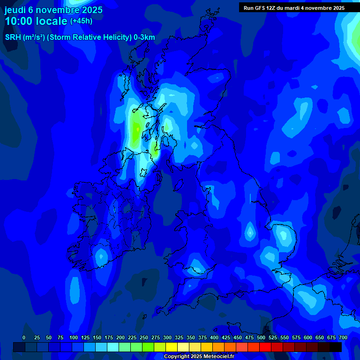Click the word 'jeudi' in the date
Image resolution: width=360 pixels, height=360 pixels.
tap(15, 10)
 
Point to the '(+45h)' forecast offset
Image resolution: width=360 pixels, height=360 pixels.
tap(81, 21)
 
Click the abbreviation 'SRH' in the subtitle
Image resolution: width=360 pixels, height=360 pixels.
tap(13, 37)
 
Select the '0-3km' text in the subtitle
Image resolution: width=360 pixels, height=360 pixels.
tap(144, 37)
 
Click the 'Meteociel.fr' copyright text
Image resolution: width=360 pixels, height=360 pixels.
tap(216, 357)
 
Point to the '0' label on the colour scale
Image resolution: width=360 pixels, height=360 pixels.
tap(24, 337)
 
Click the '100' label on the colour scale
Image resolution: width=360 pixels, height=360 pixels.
tap(74, 337)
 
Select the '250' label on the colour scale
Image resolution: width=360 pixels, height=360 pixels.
tap(144, 337)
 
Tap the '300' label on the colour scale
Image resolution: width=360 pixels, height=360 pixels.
tap(167, 337)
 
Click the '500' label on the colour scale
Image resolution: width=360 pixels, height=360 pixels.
tap(261, 337)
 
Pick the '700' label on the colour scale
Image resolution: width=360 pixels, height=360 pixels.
tap(343, 337)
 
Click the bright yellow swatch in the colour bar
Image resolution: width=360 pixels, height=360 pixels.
tap(172, 347)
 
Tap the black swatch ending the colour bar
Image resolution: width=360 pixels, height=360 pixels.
tap(335, 347)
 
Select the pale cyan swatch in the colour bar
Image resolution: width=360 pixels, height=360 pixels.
tap(113, 347)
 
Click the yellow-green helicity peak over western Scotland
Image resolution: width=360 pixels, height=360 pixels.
tap(136, 129)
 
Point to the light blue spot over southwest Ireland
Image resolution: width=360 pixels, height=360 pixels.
tap(100, 257)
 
